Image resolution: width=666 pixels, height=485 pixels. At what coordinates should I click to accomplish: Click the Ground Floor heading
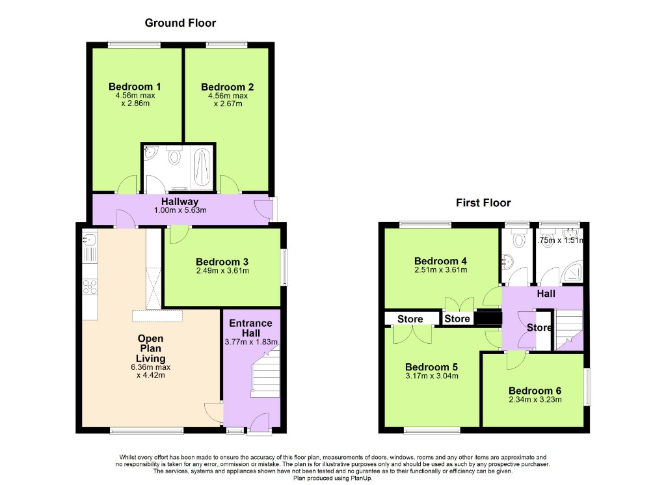[180, 23]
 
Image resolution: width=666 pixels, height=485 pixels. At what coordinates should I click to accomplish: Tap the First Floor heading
[483, 202]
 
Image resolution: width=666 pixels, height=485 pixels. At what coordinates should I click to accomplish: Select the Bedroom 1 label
[135, 87]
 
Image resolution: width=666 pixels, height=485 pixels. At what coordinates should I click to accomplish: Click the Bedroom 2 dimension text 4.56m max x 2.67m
[227, 100]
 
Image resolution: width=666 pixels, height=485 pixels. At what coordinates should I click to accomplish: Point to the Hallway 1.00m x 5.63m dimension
[180, 210]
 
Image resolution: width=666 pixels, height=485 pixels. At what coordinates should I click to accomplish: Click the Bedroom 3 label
[222, 262]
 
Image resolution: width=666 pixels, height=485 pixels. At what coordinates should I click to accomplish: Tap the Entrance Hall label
[250, 327]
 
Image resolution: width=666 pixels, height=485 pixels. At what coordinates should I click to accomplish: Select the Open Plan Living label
[150, 348]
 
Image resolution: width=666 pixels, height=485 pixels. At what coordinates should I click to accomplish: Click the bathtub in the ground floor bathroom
[202, 167]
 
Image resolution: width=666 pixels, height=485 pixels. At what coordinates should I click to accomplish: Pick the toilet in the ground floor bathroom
[174, 156]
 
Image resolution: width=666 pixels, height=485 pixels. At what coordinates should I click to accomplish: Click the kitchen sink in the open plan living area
[89, 247]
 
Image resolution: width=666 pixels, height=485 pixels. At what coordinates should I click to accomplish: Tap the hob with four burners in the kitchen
[89, 286]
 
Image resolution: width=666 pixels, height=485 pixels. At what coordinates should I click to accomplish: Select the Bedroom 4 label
[440, 261]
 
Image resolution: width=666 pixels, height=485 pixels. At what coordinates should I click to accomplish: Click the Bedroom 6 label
[535, 391]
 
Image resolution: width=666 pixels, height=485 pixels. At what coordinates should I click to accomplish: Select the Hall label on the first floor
[546, 294]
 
